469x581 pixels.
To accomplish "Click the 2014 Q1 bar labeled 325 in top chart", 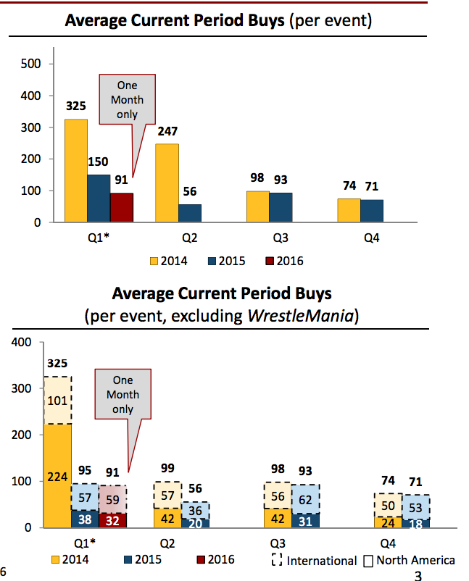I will tap(76, 171).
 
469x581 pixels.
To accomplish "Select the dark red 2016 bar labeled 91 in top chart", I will tap(121, 208).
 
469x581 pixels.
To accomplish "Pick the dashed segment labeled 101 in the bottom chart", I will tap(57, 401).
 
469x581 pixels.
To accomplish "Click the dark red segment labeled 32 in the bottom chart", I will tap(112, 520).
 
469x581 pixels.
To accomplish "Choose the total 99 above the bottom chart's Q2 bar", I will tap(168, 467).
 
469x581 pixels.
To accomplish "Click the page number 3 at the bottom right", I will tap(417, 576).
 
